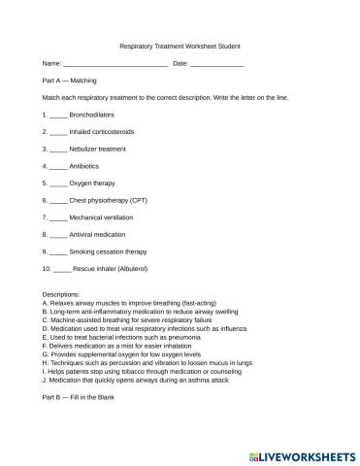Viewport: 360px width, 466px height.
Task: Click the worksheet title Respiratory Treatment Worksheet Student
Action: tap(180, 46)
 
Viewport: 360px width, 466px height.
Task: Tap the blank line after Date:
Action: tap(216, 64)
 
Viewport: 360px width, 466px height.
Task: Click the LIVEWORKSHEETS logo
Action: tap(303, 452)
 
